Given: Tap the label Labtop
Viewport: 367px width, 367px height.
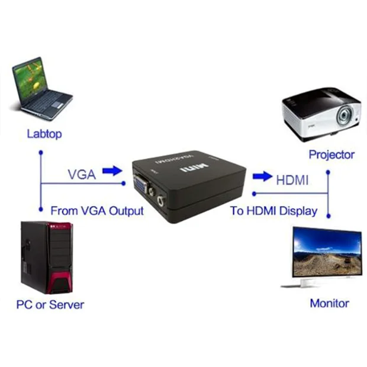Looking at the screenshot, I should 44,134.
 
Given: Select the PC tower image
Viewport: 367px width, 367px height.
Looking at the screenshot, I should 46,257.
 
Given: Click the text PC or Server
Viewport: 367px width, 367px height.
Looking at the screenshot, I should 50,305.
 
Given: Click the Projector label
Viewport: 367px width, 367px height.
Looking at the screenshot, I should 331,155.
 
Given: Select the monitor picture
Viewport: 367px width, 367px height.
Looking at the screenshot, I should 326,256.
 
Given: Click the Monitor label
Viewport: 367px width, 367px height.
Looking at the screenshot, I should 329,303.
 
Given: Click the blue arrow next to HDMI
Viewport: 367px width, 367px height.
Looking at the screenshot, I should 261,176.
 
